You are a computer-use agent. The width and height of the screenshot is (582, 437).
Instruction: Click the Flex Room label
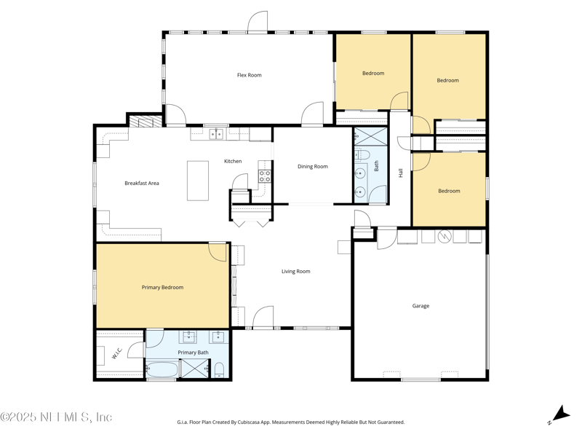coord(249,75)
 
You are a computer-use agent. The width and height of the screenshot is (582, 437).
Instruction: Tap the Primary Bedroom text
coord(162,288)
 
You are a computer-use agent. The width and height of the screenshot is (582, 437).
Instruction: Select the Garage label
coord(420,306)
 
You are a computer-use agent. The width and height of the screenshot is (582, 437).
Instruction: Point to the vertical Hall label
coord(400,173)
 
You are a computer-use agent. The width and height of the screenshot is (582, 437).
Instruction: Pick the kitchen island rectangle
coord(198,181)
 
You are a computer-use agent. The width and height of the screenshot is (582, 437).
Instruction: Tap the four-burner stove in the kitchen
coord(265,176)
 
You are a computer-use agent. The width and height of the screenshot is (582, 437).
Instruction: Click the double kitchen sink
coord(216,134)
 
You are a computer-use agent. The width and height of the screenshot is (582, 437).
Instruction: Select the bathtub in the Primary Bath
coord(162,369)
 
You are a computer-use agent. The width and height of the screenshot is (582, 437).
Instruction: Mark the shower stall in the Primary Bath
coord(194,369)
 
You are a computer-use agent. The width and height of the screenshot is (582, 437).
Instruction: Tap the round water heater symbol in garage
coord(444,236)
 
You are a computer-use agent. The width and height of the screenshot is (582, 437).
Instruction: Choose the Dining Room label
coord(313,167)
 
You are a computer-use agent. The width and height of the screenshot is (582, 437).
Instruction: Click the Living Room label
coord(296,272)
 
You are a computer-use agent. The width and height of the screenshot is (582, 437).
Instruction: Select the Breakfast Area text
coord(142,184)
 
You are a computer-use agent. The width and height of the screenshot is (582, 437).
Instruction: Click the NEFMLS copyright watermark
coord(56,417)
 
